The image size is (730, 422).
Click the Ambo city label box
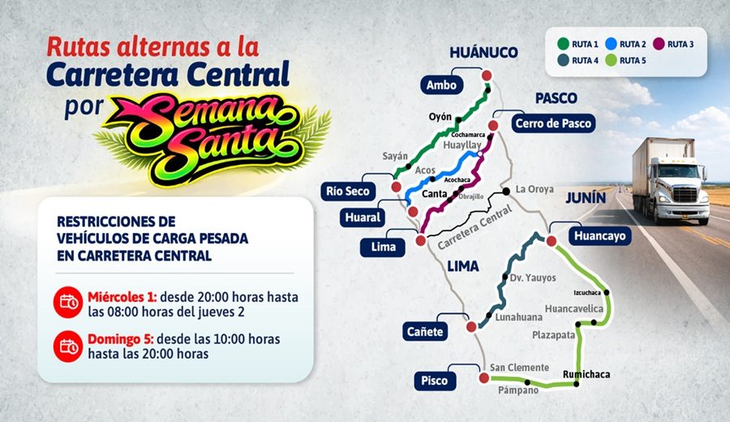[442, 85]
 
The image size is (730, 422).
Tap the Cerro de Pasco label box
[552, 123]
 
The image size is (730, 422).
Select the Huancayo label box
[598, 236]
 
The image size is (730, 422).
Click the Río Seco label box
[347, 192]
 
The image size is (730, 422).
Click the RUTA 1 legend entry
[577, 44]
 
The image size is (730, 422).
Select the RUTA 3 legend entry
[676, 44]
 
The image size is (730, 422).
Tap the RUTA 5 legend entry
[628, 60]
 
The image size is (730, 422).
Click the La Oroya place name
[534, 189]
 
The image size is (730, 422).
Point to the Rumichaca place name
[586, 374]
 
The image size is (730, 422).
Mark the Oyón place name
[440, 117]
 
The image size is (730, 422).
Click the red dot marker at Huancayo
[552, 241]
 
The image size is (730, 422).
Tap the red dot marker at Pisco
[483, 377]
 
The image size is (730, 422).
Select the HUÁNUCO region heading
[483, 53]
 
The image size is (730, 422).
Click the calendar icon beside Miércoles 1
[68, 303]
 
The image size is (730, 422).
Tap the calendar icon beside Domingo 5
[68, 347]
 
